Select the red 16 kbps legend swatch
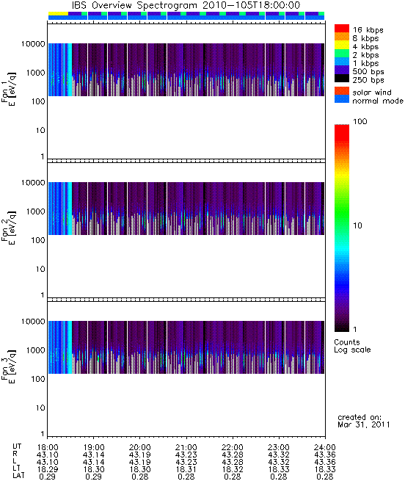[342, 28]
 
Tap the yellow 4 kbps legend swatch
[342, 45]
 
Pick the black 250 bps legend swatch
[342, 79]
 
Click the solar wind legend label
[371, 93]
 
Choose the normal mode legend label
[378, 101]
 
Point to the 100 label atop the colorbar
[360, 121]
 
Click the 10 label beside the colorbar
[357, 225]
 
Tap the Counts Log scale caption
[352, 346]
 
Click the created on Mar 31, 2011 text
[364, 421]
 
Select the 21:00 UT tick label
[186, 447]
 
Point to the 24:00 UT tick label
[325, 447]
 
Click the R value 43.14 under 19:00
[93, 455]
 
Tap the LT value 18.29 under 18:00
[48, 469]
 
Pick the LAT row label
[18, 476]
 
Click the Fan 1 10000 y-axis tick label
[33, 44]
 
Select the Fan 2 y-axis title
[9, 228]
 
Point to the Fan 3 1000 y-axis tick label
[35, 350]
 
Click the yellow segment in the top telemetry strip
[58, 13]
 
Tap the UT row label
[17, 446]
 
